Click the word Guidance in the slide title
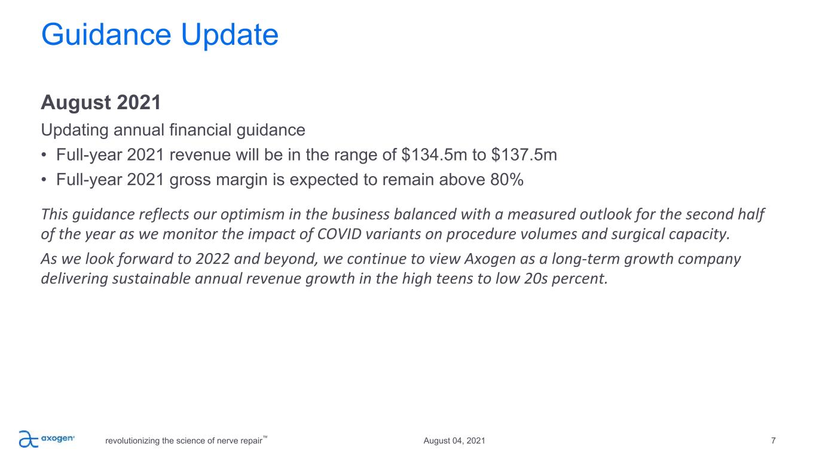(106, 35)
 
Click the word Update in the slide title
(230, 35)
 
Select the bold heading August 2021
(101, 102)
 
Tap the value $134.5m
(434, 155)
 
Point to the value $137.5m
(524, 155)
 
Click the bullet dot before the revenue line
(44, 155)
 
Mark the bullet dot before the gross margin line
(44, 180)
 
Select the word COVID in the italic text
(339, 234)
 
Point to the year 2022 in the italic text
(213, 259)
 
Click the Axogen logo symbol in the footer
(29, 439)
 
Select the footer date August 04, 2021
(454, 441)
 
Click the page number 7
(774, 441)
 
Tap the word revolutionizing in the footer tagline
(133, 441)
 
